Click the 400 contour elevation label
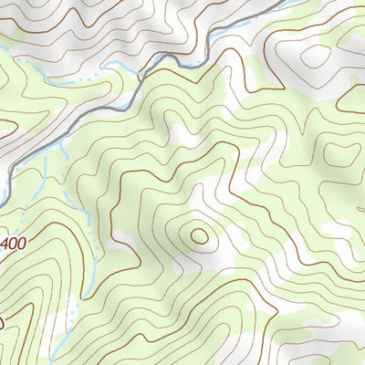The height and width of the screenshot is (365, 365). pyautogui.click(x=10, y=245)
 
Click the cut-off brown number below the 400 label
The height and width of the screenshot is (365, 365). pyautogui.click(x=2, y=321)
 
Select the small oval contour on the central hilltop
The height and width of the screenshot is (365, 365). pyautogui.click(x=199, y=235)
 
